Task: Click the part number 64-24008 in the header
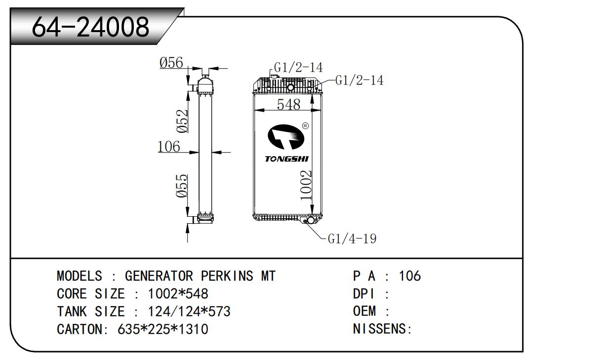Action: tap(90, 27)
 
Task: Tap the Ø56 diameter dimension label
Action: tap(171, 63)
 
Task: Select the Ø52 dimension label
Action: tap(182, 121)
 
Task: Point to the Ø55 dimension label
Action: tap(182, 186)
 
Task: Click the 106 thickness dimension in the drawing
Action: tap(168, 147)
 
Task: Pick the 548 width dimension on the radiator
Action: tap(289, 105)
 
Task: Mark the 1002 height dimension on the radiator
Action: tap(306, 185)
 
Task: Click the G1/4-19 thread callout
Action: tap(352, 239)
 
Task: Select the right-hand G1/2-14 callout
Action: tap(359, 80)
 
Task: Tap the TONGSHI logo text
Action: tap(286, 159)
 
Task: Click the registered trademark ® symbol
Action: tap(305, 126)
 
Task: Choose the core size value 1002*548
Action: tap(178, 294)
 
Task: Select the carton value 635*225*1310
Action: tap(163, 329)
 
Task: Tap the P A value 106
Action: tap(410, 276)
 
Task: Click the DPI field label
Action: tap(364, 294)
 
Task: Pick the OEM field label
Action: tap(364, 312)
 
